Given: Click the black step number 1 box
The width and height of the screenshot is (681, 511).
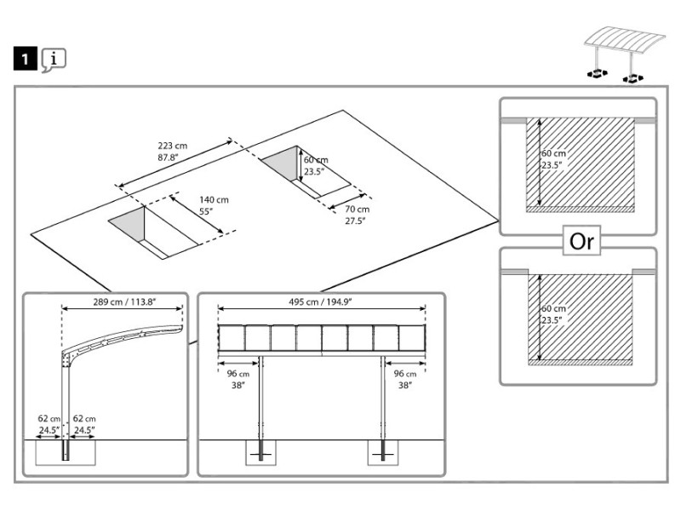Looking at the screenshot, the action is tap(26, 58).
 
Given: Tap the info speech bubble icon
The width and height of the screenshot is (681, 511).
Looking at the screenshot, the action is tap(54, 60).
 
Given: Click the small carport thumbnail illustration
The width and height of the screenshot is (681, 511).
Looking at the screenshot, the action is tap(624, 55).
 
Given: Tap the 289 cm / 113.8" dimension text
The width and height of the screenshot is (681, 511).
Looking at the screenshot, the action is tap(124, 302).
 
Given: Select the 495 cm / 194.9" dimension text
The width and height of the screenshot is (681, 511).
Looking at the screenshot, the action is tap(320, 302).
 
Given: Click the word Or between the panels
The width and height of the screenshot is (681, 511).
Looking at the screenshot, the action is tap(581, 241).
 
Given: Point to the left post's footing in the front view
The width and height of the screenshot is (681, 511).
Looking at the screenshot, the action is tap(260, 453).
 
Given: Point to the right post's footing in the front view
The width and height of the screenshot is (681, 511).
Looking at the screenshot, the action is tap(383, 453).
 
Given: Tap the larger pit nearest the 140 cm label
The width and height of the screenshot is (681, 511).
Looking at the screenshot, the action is tap(153, 233).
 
